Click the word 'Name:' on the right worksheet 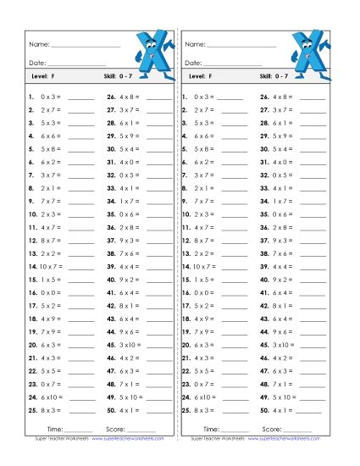click(194, 44)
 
